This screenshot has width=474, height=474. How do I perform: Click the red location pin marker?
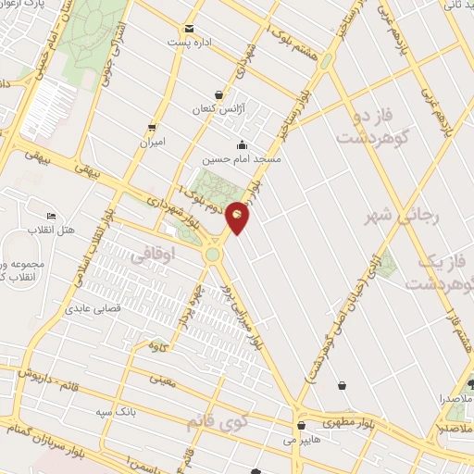pyautogui.click(x=238, y=217)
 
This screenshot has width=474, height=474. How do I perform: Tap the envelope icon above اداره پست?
pyautogui.click(x=190, y=30)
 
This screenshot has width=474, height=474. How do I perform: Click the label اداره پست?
pyautogui.click(x=189, y=44)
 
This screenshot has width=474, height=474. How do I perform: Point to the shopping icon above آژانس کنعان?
pyautogui.click(x=218, y=94)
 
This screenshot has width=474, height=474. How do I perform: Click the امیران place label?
pyautogui.click(x=151, y=143)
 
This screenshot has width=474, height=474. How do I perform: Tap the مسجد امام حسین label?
pyautogui.click(x=242, y=158)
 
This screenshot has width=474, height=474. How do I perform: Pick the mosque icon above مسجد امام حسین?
pyautogui.click(x=242, y=144)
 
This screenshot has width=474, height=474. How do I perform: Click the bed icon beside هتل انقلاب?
pyautogui.click(x=51, y=217)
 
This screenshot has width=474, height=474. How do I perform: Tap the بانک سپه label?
pyautogui.click(x=120, y=409)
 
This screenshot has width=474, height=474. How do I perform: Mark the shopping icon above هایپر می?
pyautogui.click(x=302, y=426)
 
